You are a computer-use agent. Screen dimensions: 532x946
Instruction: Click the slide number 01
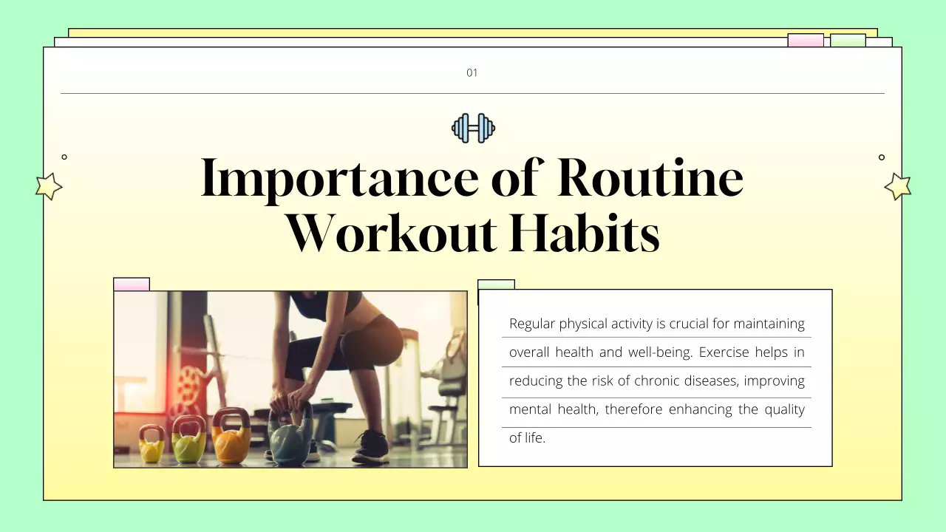point(472,72)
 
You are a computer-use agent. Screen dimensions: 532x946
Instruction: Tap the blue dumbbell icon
point(473,128)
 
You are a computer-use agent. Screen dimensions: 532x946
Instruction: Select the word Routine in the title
point(650,178)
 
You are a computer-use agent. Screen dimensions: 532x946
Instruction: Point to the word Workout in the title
point(391,233)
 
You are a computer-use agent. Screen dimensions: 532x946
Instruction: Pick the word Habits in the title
point(584,233)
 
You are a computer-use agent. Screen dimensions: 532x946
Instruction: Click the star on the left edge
point(49,186)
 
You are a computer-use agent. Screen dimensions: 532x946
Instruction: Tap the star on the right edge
point(898,186)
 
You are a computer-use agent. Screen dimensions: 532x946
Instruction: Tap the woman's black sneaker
point(371,448)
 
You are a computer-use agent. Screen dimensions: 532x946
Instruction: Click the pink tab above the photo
point(132,284)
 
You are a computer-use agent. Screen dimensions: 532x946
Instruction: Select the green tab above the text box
point(496,284)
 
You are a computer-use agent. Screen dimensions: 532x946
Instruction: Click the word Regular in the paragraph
point(531,324)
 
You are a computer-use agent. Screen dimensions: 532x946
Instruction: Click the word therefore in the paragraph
point(634,409)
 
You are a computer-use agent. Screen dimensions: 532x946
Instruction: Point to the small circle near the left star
point(64,157)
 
